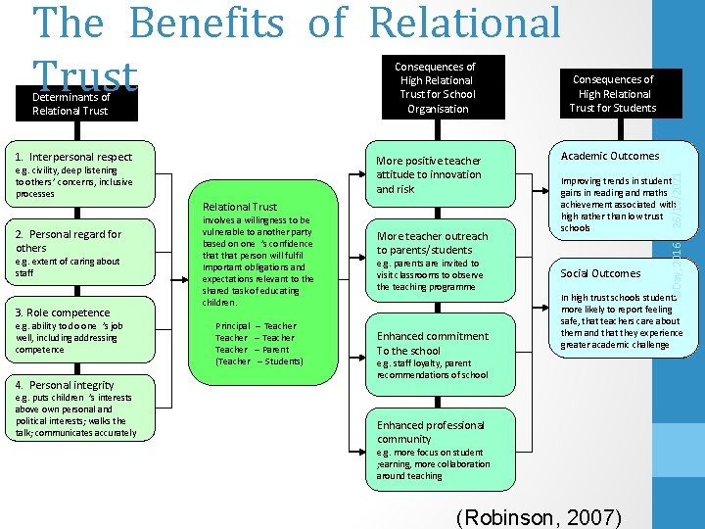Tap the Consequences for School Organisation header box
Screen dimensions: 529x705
(437, 87)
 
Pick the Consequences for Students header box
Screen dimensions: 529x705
(613, 93)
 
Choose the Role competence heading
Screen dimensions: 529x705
(61, 313)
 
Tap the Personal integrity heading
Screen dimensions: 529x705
(65, 385)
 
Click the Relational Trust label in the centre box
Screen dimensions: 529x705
(239, 207)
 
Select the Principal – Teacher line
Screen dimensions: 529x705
(255, 326)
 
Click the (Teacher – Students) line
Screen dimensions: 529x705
(258, 361)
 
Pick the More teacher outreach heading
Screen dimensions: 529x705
(432, 243)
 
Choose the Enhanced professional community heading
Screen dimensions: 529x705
(430, 432)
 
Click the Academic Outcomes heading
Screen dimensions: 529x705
(610, 156)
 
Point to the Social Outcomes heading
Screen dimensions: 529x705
(600, 273)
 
